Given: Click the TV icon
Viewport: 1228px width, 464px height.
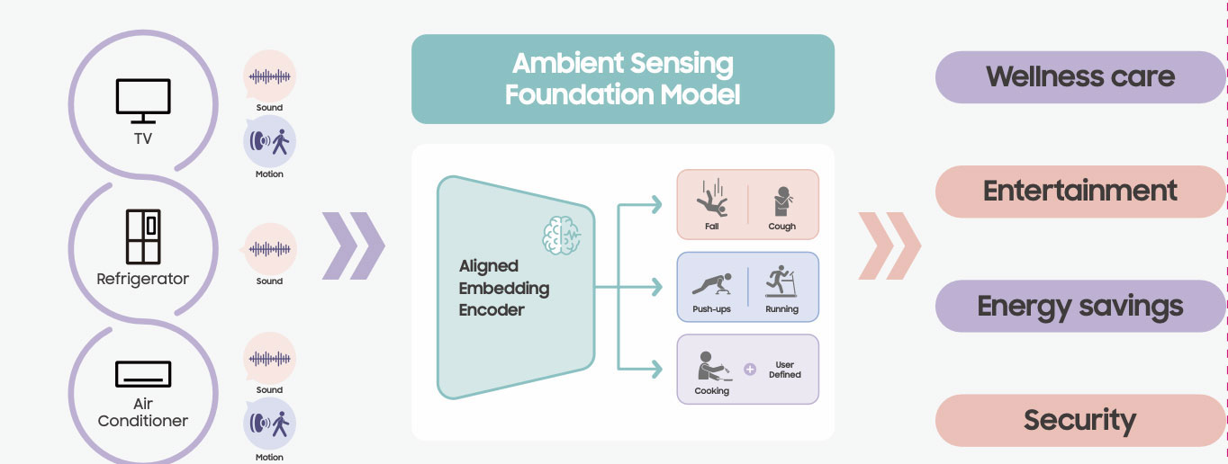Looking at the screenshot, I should click(x=143, y=101).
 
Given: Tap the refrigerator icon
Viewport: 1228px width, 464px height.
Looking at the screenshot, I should click(x=143, y=237).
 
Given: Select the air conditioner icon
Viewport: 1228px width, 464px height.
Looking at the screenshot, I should click(x=143, y=374).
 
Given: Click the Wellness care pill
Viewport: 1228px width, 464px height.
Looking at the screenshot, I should click(x=1079, y=76).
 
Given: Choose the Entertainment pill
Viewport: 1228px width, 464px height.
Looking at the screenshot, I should click(x=1079, y=191).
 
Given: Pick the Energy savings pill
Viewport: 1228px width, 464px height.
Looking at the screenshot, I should click(x=1079, y=306).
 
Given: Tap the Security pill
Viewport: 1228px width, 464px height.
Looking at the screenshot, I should click(x=1079, y=420).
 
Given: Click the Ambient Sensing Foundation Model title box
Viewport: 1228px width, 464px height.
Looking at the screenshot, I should click(x=622, y=78).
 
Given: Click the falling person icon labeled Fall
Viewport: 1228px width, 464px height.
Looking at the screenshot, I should click(x=712, y=200).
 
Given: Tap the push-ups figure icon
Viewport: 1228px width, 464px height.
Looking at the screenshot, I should click(x=711, y=283).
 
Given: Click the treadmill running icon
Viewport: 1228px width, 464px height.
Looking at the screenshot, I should click(x=781, y=281).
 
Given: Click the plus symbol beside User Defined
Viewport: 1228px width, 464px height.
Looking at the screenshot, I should click(x=750, y=369).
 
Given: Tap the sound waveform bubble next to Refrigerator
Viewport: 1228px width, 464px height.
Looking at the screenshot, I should click(x=269, y=249).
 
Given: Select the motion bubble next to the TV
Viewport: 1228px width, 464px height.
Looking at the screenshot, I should click(x=269, y=142).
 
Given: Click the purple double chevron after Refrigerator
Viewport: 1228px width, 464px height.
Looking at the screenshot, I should click(x=353, y=245).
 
